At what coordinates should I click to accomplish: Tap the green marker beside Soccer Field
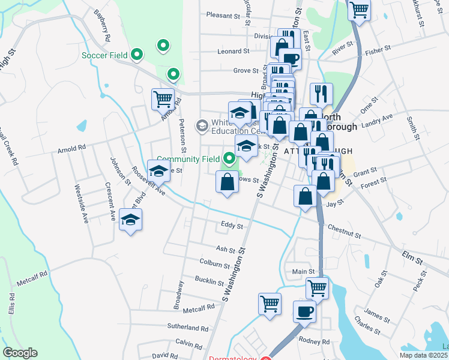coord(137,56)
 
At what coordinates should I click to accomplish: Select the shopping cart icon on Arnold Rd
coord(163,98)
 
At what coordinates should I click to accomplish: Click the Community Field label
coord(188,159)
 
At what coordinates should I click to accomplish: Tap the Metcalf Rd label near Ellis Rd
coord(32,278)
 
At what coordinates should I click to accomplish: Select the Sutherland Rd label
coord(188,328)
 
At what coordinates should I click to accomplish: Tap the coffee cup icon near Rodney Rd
coord(304,311)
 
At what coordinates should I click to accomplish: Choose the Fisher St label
coord(378,52)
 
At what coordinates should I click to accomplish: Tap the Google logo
coord(20,353)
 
